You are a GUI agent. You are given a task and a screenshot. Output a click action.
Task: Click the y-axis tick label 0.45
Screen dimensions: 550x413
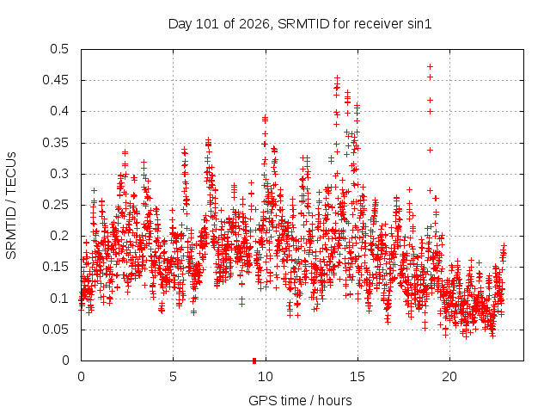tap(55, 80)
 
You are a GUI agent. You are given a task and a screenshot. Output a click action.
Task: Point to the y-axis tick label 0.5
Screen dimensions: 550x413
tap(59, 49)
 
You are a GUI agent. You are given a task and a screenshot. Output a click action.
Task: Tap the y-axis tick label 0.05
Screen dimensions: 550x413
tap(55, 330)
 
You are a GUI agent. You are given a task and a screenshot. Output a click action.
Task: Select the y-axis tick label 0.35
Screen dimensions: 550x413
tap(55, 143)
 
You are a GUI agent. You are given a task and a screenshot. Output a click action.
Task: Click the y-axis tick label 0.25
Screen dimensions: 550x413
tap(55, 205)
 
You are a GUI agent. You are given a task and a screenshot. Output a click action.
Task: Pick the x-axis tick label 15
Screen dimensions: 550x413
tap(357, 377)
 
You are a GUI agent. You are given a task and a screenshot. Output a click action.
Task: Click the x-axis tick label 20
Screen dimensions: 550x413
tap(449, 377)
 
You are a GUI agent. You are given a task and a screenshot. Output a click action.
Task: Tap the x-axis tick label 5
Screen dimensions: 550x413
tap(173, 377)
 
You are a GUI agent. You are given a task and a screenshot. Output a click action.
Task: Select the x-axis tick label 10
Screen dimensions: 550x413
tap(266, 377)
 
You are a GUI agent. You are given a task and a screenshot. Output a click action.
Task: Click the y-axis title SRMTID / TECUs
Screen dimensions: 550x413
tap(11, 206)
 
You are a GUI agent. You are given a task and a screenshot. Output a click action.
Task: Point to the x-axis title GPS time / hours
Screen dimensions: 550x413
tap(300, 400)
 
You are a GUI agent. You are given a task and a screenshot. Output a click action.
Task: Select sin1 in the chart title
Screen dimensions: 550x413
tap(419, 24)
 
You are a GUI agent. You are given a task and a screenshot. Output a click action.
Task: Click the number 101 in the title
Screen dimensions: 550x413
tap(208, 24)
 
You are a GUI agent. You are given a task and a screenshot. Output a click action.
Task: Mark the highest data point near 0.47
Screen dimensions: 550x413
tap(430, 67)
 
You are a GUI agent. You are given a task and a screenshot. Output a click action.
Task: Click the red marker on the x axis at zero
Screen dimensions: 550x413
tap(254, 361)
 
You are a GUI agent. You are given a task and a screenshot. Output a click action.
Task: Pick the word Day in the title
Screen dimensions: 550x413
tap(180, 24)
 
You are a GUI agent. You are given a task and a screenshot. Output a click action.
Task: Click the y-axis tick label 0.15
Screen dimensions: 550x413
tap(55, 267)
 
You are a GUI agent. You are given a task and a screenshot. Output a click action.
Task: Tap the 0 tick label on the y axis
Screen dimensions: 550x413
tap(65, 361)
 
